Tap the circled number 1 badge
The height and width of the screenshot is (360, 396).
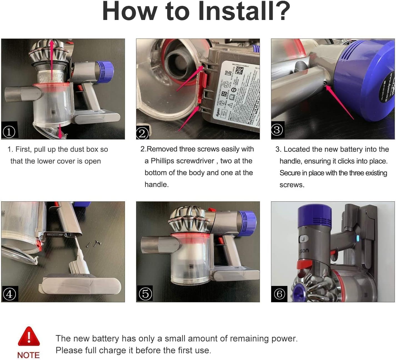coord(9,131)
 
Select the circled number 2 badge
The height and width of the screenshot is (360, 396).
coord(142,133)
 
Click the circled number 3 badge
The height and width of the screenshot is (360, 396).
coord(277,130)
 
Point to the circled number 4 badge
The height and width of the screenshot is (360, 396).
coord(9,294)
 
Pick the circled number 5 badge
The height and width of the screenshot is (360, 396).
coord(145,293)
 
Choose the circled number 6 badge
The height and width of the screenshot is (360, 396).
coord(279,294)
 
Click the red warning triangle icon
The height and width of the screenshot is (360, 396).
coord(29,336)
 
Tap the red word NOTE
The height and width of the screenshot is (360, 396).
coord(28,355)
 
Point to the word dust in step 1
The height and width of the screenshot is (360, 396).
coord(78,149)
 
